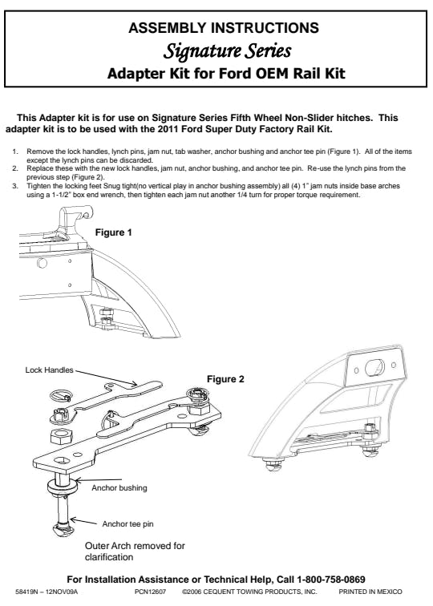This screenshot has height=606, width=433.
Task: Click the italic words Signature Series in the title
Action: tap(227, 51)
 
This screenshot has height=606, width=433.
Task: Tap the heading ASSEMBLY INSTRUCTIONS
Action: tap(224, 28)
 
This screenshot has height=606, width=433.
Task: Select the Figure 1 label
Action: tap(113, 232)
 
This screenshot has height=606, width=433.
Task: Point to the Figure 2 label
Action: tap(225, 379)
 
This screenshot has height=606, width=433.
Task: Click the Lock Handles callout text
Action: tap(49, 370)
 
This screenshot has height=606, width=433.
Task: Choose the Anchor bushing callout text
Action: tap(119, 488)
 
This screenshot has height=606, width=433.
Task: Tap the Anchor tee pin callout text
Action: tap(127, 524)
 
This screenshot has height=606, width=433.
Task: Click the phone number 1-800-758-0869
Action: tap(331, 580)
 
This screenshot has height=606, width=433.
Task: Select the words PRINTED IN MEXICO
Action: tap(370, 592)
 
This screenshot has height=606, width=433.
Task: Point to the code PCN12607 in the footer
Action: tap(151, 592)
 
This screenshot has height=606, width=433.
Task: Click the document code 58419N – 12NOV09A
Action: tap(47, 592)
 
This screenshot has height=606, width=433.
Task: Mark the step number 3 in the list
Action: tap(14, 186)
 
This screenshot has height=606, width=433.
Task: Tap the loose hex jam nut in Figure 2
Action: tap(61, 437)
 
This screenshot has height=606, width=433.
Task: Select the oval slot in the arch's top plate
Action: tap(374, 367)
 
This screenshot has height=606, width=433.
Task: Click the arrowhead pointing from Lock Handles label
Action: tap(134, 384)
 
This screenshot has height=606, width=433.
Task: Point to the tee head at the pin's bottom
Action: tap(62, 531)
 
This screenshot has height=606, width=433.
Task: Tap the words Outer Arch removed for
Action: tap(135, 546)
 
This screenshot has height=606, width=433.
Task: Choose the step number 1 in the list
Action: tap(14, 151)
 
